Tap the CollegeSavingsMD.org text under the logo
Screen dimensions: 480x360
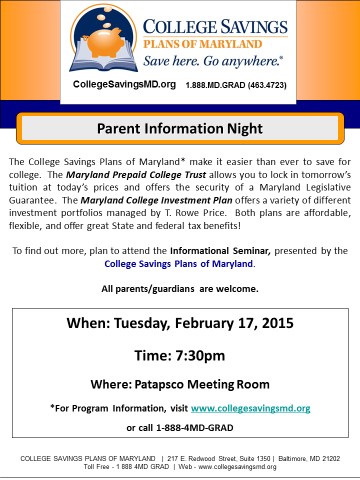coord(124,84)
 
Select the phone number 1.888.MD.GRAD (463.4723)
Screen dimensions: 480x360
coord(236,85)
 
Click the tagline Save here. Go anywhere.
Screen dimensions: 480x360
coord(213,61)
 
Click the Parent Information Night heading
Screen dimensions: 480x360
coord(179,128)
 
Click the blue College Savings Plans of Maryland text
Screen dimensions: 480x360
coord(178,263)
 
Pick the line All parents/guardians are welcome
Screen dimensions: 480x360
coord(179,288)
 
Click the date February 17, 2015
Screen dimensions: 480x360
coord(234,323)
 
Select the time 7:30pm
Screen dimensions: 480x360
coord(199,355)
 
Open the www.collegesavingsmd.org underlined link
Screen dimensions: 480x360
coord(250,408)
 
